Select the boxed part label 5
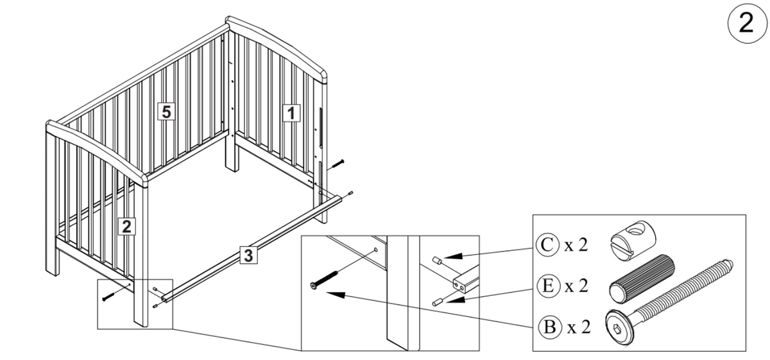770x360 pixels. coord(166,112)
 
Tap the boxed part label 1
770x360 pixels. coord(291,114)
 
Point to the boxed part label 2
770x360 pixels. coord(128,226)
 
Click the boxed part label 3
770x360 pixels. coord(250,255)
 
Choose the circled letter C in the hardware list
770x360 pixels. coord(545,244)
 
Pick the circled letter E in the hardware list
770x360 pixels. coord(545,286)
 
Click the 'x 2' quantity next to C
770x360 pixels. coord(577,245)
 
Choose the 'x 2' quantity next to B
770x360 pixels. coord(577,328)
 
